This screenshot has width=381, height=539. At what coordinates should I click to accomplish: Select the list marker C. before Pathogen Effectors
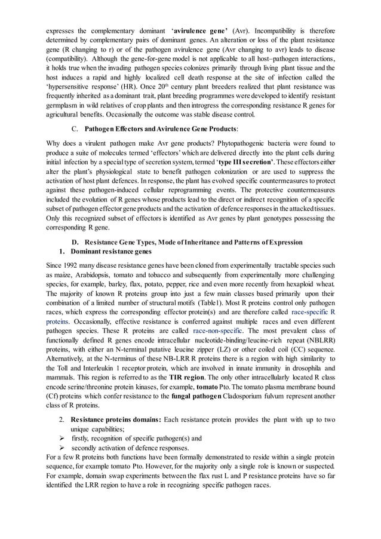(74, 128)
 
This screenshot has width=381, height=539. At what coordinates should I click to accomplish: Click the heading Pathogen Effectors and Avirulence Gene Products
(161, 128)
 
